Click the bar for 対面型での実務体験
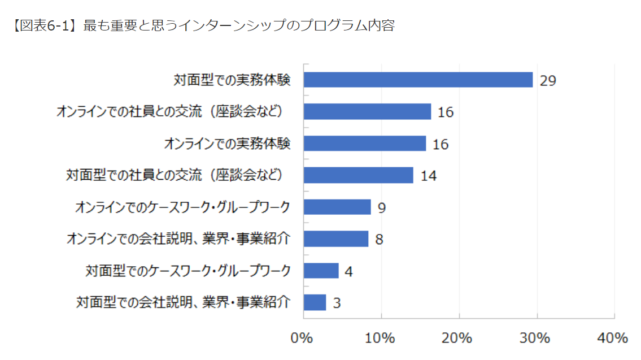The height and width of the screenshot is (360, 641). [418, 80]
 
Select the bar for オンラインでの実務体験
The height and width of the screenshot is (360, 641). [365, 144]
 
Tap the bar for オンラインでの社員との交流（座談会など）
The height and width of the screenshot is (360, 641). [367, 112]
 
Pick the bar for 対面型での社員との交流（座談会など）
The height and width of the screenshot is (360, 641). [358, 175]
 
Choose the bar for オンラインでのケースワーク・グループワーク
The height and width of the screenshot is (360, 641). [337, 207]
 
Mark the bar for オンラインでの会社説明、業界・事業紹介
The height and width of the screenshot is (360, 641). [336, 239]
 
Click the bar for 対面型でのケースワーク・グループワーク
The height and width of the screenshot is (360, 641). [321, 271]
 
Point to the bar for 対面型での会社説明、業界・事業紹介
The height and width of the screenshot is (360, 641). [315, 302]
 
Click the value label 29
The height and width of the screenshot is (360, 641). [548, 81]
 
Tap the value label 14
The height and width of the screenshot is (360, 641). [429, 176]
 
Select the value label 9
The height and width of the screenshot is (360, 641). [382, 208]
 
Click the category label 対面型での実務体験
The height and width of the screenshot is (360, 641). [232, 80]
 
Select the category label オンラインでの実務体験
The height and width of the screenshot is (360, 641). [228, 144]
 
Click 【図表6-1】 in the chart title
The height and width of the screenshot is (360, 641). [45, 25]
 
